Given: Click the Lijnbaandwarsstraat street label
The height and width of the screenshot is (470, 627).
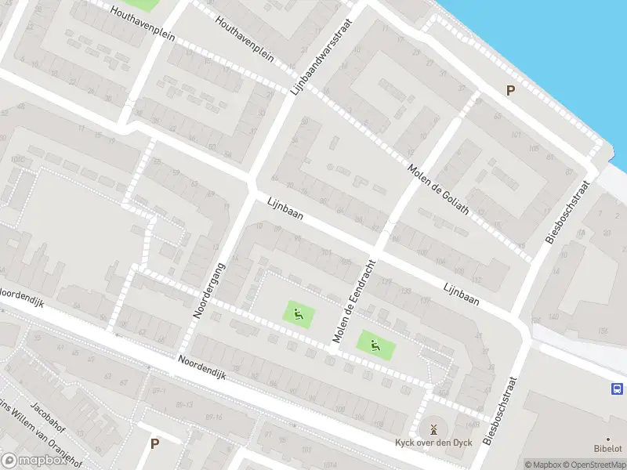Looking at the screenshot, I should pyautogui.click(x=321, y=57).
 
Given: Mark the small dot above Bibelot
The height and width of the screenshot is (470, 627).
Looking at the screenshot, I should pyautogui.click(x=607, y=439).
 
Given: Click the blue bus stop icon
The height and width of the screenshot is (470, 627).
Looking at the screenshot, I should pyautogui.click(x=617, y=389).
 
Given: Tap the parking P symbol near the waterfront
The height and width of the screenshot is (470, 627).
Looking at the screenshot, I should pyautogui.click(x=510, y=91).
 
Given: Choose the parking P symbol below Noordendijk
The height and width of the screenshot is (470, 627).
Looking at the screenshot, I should pyautogui.click(x=154, y=443).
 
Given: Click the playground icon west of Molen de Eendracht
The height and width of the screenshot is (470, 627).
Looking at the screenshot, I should pyautogui.click(x=299, y=315).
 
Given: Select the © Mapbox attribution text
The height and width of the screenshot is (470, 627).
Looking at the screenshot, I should pyautogui.click(x=542, y=464).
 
